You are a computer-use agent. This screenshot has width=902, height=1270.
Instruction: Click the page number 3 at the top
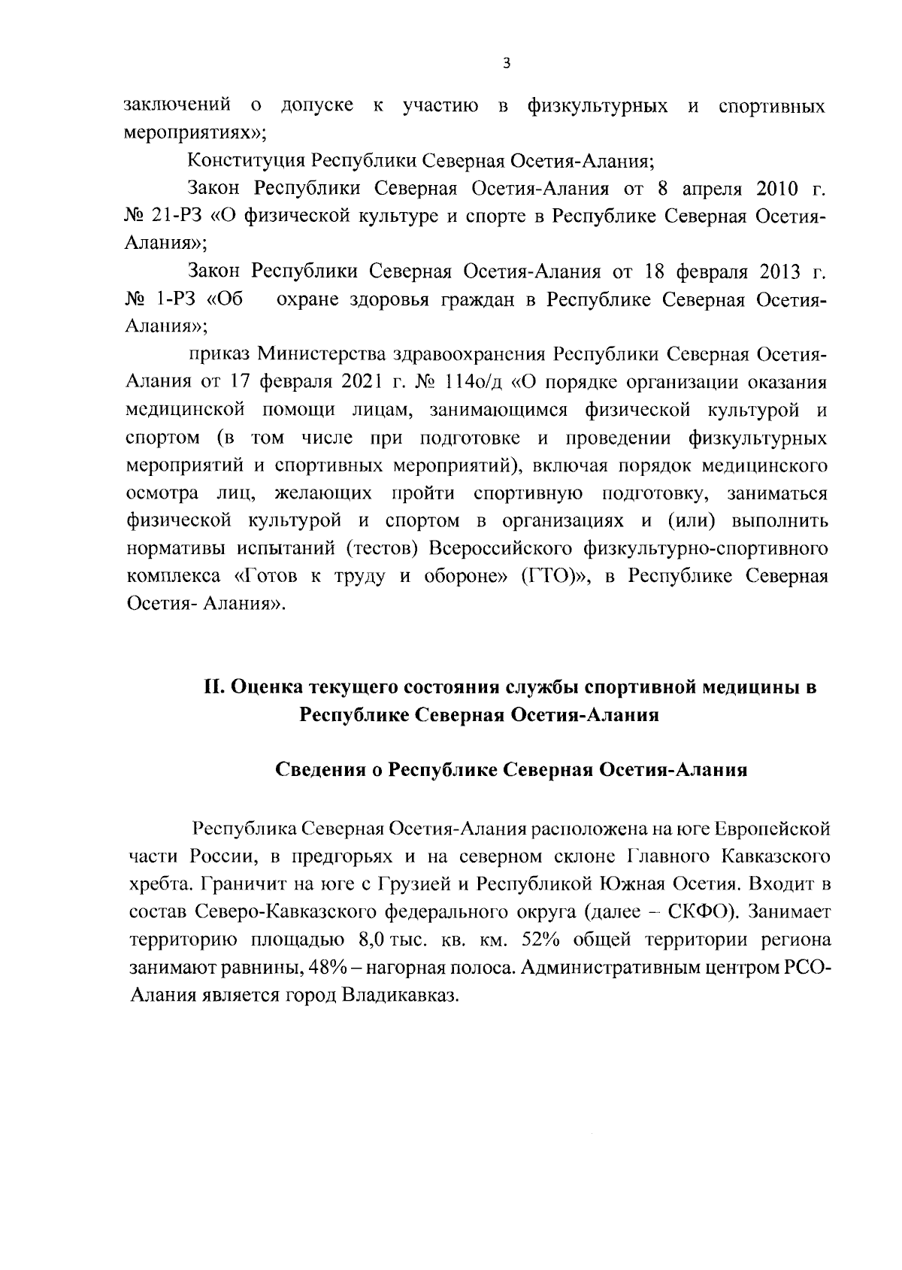click(x=505, y=64)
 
